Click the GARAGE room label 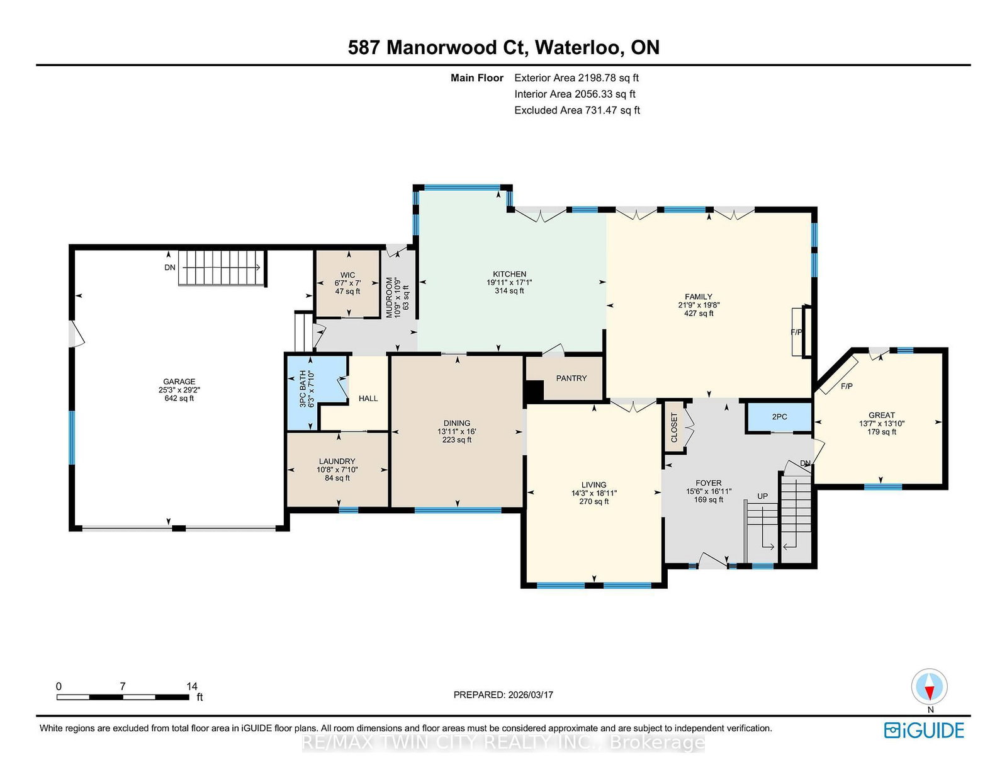pyautogui.click(x=179, y=382)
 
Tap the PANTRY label pyautogui.click(x=571, y=378)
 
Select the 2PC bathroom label pyautogui.click(x=779, y=417)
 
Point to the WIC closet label pyautogui.click(x=347, y=275)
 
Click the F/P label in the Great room pyautogui.click(x=847, y=386)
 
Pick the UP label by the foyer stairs pyautogui.click(x=762, y=496)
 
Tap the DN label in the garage pyautogui.click(x=170, y=268)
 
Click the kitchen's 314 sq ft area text pyautogui.click(x=509, y=291)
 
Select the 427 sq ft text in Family pyautogui.click(x=699, y=314)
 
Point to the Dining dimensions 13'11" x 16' pyautogui.click(x=457, y=431)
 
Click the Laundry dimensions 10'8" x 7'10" pyautogui.click(x=337, y=470)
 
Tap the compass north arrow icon pyautogui.click(x=929, y=686)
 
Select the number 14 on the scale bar pyautogui.click(x=192, y=686)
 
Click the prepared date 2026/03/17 pyautogui.click(x=531, y=695)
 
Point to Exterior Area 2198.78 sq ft pyautogui.click(x=577, y=78)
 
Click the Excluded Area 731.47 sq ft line pyautogui.click(x=577, y=110)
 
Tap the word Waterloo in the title pyautogui.click(x=578, y=47)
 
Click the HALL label pyautogui.click(x=368, y=398)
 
